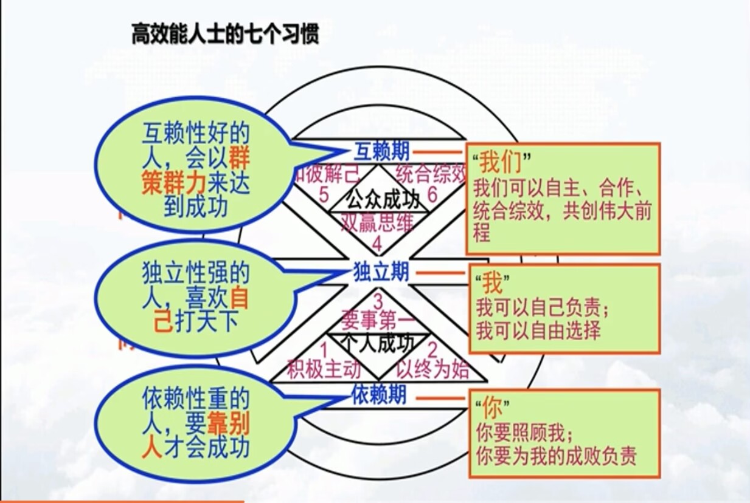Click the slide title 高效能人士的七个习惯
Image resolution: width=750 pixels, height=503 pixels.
coord(225,35)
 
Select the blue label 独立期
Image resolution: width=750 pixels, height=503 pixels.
coord(381,272)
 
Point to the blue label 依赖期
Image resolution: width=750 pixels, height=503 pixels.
coord(379,395)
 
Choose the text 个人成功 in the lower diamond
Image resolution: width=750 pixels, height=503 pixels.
coord(377,344)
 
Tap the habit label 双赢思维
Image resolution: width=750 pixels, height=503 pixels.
coord(377,223)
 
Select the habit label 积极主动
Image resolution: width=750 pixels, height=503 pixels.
coord(324,369)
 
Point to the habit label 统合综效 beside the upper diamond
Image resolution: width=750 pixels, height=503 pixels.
coord(431,174)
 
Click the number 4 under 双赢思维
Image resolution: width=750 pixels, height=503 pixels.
coord(377,244)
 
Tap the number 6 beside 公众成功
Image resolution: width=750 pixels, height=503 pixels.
coord(432,196)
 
